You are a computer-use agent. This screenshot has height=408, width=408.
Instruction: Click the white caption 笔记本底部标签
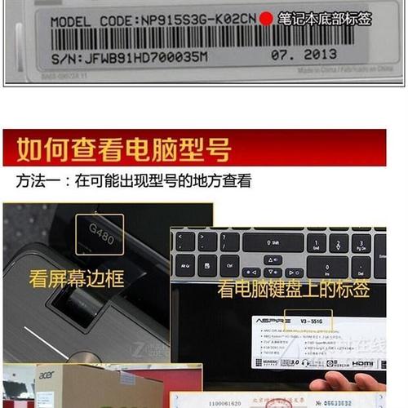coord(324,17)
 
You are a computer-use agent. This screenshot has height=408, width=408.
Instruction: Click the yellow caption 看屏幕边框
coord(76,277)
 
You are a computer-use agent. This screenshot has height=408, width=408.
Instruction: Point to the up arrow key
coord(273,259)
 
